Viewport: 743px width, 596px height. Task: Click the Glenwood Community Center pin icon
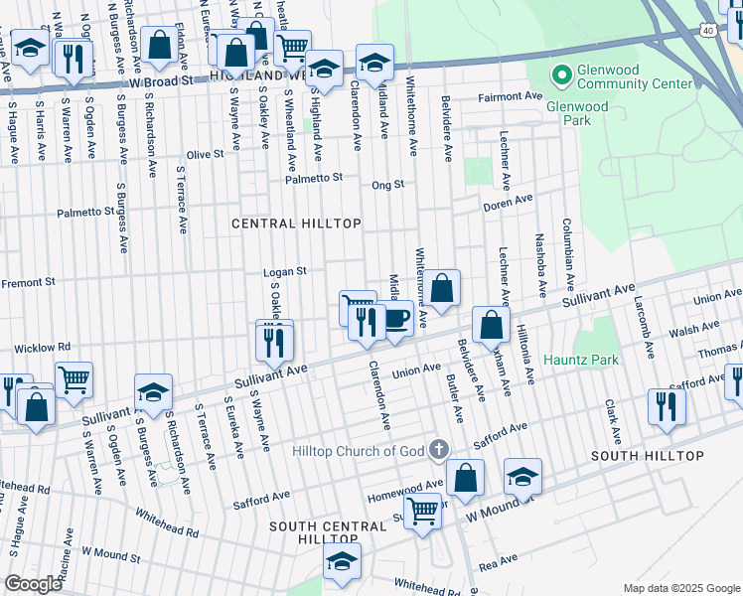point(561,74)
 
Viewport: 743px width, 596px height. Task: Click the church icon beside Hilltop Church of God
point(438,451)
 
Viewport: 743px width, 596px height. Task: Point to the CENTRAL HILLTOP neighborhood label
point(296,223)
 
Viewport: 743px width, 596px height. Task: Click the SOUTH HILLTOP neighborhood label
point(647,456)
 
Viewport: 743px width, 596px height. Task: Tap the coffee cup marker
point(396,319)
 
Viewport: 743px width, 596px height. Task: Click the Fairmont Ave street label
point(510,96)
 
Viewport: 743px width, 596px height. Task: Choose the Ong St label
point(387,185)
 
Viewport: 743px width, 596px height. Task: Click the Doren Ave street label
point(509,206)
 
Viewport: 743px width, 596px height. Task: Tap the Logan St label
point(285,271)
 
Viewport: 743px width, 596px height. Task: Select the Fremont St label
point(28,283)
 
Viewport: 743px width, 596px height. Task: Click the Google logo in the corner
point(33,583)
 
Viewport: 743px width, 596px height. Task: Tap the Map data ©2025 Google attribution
point(681,588)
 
